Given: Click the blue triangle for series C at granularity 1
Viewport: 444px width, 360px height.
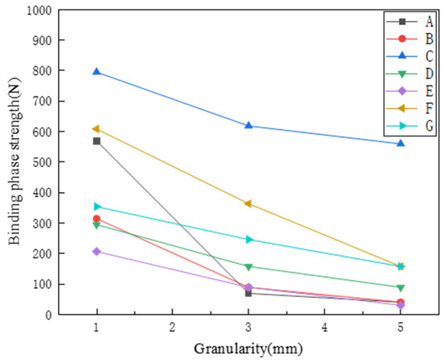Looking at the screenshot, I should point(97,72).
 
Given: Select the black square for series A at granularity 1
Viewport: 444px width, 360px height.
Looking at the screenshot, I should point(97,141).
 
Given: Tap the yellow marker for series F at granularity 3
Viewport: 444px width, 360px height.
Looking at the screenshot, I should point(249,203).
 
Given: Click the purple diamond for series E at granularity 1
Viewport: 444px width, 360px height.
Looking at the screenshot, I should point(97,251).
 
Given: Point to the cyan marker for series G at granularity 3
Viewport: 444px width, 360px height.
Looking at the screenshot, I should point(249,239).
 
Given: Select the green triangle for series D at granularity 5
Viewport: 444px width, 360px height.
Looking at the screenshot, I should point(400,287).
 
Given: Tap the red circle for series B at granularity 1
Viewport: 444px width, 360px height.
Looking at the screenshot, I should point(97,219).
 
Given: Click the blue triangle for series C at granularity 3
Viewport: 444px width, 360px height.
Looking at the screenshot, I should point(249,126).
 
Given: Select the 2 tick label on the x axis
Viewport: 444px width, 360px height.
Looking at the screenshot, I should point(173,328).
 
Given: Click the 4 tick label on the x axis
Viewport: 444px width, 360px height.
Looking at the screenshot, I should point(325,328).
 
